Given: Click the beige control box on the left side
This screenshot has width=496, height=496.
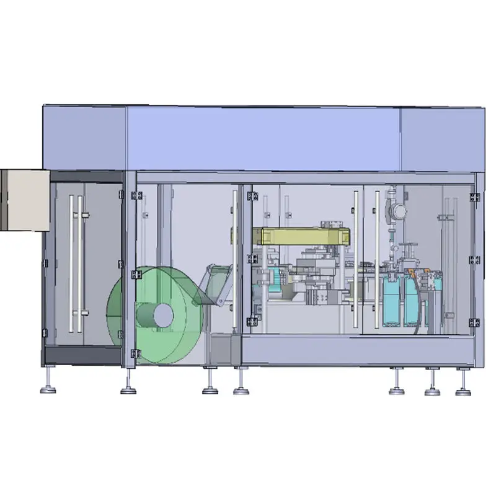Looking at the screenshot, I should [25, 200].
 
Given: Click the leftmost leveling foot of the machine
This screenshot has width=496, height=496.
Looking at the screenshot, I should [48, 389].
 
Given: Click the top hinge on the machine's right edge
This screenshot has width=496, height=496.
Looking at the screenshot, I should [474, 197].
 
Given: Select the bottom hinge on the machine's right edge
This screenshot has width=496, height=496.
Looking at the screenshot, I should [474, 322].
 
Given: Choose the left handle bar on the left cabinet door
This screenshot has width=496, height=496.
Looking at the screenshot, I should [71, 263].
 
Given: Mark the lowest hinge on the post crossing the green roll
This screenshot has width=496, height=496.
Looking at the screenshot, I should [137, 354].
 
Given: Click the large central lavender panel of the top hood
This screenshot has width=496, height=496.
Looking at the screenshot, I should [263, 138].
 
